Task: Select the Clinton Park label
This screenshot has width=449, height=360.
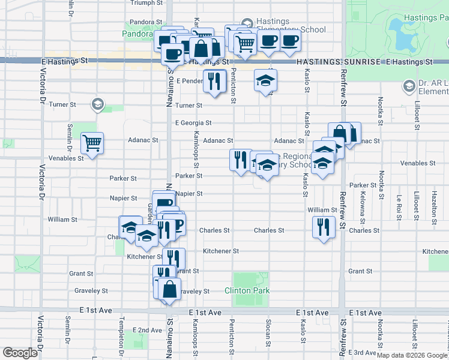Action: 247,290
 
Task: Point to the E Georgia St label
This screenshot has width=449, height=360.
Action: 193,122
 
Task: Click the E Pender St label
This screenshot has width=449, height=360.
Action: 190,80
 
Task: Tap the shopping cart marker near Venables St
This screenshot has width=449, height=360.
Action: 92,143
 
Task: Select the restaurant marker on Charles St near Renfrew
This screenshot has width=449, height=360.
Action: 324,227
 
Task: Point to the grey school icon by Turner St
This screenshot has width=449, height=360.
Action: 97,105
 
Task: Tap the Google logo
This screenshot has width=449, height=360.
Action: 20,353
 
